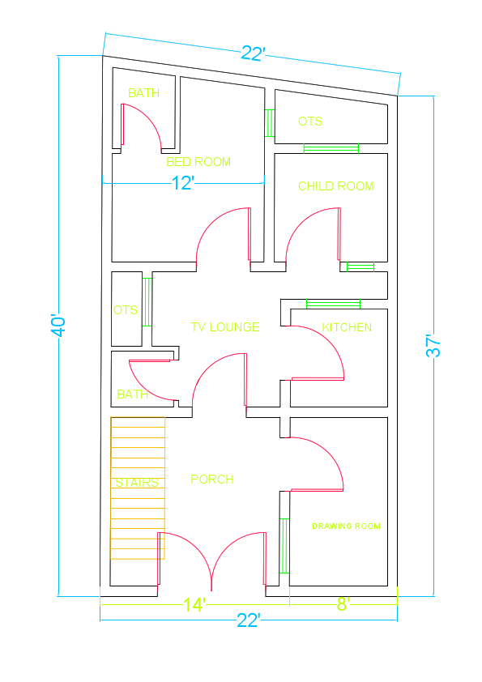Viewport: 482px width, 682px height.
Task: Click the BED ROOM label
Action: pos(198,162)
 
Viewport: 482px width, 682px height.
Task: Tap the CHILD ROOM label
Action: pos(335,186)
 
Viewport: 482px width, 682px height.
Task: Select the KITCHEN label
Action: pos(347,327)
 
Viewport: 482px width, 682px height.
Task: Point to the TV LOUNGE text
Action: pos(225,327)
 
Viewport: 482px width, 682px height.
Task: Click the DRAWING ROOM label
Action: pos(346,526)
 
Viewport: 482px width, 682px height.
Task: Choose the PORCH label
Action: pos(212,480)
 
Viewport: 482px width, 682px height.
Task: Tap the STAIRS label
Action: pos(136,483)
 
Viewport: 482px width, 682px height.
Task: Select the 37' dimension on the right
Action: pos(435,346)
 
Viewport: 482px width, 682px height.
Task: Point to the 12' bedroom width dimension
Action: pos(183,184)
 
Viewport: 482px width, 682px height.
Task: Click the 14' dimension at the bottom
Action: pos(194,604)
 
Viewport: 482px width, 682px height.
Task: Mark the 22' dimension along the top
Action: pos(253,54)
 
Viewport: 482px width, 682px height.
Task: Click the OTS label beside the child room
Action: pos(309,121)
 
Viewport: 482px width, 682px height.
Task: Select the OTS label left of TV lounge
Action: pos(126,310)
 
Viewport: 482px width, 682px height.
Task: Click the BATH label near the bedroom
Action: pos(143,93)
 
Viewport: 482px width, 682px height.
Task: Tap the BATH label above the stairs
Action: pos(132,394)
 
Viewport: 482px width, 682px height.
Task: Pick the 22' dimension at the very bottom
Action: pos(248,620)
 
